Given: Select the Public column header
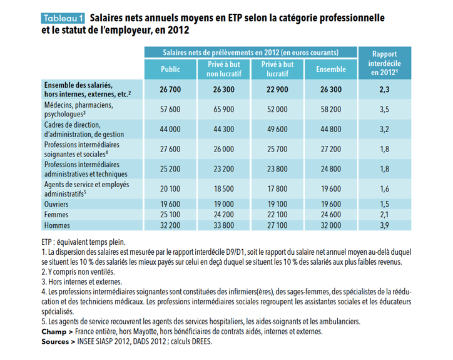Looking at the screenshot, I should tap(170, 69).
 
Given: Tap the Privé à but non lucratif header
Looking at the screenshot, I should tap(223, 69).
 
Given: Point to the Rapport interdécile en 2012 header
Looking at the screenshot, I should tap(384, 63).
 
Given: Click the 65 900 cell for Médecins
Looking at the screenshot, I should tap(223, 110).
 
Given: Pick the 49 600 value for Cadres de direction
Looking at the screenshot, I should tap(277, 130).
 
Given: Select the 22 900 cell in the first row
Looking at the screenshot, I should tap(277, 90).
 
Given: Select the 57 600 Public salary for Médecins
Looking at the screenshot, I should tap(170, 110).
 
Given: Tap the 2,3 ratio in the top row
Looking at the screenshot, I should tap(384, 90).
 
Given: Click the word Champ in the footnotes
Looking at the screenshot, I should tap(54, 331).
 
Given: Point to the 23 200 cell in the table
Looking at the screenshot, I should tap(223, 168).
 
